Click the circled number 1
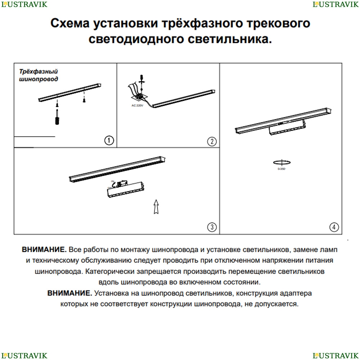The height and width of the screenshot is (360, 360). point(109,141)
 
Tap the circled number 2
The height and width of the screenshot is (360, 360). point(212,141)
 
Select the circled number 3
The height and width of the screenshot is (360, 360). point(212,227)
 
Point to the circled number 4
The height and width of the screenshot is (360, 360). point(334,227)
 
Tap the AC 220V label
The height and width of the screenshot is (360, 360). point(138,105)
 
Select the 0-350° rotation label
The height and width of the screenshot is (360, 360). point(282,169)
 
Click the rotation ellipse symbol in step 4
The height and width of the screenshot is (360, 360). point(282,162)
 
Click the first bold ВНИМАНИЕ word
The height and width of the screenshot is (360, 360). point(44,249)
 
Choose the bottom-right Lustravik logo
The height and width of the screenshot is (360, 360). point(335,356)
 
